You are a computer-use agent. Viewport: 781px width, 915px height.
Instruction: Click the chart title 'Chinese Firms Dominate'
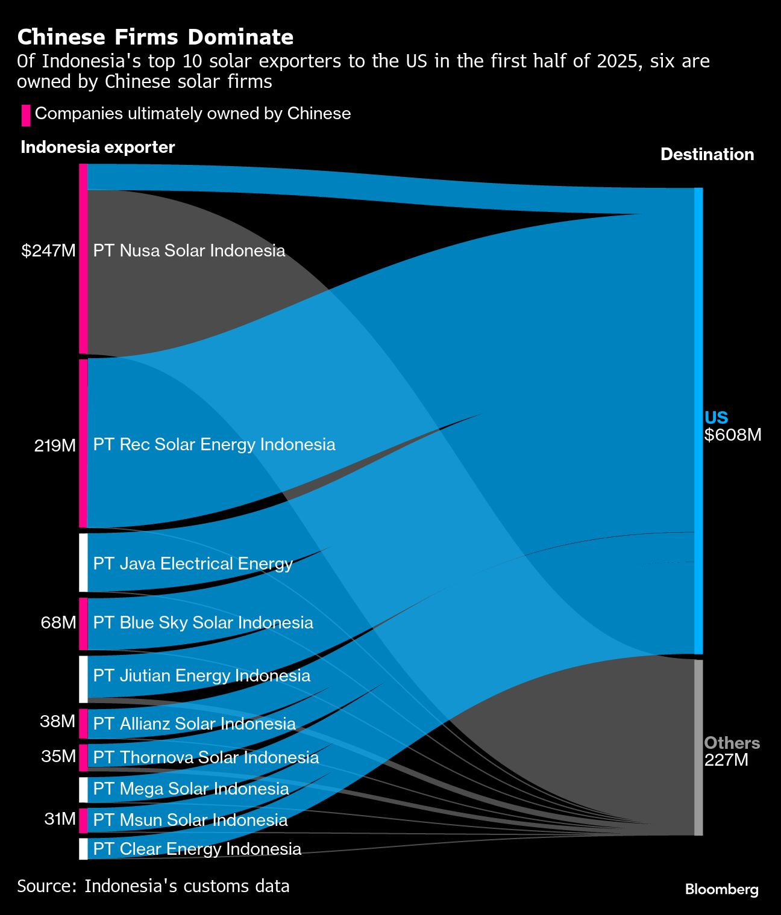155,37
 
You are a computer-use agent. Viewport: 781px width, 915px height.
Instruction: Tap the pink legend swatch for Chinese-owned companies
26,115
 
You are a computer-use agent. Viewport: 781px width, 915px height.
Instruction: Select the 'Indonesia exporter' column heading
98,147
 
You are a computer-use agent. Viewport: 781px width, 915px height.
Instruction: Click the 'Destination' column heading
707,155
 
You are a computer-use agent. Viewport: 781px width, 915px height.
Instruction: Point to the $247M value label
49,251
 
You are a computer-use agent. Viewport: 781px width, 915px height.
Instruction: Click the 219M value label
55,445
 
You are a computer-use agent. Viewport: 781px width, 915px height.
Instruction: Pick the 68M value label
58,622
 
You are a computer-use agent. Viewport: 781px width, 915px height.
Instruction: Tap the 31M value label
60,819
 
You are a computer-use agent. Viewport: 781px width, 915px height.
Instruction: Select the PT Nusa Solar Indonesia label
189,251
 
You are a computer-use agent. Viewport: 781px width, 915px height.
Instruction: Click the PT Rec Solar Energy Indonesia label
214,445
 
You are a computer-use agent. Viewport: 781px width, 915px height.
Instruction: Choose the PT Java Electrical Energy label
193,563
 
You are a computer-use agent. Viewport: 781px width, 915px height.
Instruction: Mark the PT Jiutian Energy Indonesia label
202,675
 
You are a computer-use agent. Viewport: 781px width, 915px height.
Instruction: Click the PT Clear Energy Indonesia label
197,849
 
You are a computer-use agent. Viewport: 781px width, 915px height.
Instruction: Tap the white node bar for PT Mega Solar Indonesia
83,790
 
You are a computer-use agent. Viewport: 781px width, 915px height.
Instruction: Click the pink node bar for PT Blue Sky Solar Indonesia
83,624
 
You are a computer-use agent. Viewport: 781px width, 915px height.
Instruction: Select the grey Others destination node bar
698,747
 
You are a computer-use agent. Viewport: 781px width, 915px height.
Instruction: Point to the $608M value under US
733,435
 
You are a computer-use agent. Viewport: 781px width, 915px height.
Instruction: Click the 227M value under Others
726,760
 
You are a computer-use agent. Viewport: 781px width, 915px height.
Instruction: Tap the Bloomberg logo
721,889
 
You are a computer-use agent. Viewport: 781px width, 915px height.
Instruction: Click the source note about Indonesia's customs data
153,886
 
